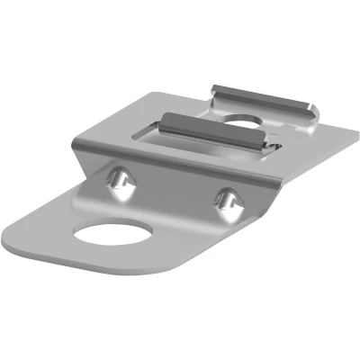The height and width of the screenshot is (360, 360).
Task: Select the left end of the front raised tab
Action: (165, 118)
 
